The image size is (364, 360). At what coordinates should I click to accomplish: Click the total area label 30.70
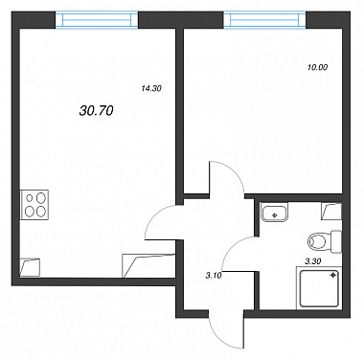tap(96, 111)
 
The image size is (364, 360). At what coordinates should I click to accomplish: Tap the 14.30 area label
tap(151, 89)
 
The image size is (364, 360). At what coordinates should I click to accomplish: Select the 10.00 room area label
tap(318, 67)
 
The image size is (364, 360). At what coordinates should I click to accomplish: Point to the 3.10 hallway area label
tap(214, 276)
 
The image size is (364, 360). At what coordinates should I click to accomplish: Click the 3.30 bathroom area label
tap(313, 261)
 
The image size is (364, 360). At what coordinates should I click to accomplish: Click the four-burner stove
tap(34, 205)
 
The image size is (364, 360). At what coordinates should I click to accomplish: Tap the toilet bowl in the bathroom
tap(319, 240)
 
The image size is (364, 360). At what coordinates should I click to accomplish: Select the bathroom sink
tap(275, 212)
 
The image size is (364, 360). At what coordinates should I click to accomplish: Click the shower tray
tap(319, 288)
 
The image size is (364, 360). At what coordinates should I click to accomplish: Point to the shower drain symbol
tap(333, 275)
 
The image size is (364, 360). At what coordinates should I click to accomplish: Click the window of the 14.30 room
tap(97, 20)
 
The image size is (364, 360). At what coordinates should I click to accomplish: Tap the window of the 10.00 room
tap(264, 20)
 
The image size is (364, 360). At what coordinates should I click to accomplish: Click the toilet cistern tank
tap(336, 241)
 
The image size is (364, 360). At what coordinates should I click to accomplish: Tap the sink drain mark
tap(274, 215)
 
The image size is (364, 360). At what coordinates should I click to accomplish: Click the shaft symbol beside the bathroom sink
tap(331, 212)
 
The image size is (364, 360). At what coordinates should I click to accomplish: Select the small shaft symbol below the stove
tap(30, 267)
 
